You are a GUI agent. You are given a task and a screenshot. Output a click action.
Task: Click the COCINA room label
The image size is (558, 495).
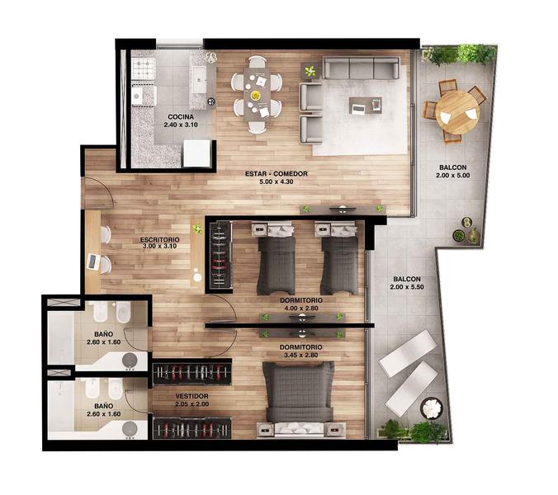181,116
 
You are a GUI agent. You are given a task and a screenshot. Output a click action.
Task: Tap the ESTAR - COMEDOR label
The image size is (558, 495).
277,174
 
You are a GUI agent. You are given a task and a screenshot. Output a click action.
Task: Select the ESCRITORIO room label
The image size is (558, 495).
160,239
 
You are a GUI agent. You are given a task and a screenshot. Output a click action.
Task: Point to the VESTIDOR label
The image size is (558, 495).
192,396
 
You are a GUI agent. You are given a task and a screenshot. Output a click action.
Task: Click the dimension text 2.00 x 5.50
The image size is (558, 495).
407,287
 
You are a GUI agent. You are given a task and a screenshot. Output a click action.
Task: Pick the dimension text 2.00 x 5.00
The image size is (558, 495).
452,175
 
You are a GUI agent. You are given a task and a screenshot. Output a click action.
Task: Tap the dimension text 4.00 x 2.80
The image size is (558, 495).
301,309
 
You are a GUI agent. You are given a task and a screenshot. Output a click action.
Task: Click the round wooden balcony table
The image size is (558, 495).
457,112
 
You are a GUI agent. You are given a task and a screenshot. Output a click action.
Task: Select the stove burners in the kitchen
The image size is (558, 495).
144,68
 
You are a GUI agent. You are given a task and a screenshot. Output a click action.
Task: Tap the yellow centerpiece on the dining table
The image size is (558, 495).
255,95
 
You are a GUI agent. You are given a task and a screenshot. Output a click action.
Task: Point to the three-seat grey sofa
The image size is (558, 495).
361,68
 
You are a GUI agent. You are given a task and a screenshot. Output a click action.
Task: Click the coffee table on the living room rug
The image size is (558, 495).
366,106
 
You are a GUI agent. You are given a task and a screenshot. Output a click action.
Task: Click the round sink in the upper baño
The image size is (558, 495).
130,361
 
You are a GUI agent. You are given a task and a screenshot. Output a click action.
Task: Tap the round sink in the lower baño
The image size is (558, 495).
130,429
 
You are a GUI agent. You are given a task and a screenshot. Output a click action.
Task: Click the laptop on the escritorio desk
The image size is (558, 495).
93,262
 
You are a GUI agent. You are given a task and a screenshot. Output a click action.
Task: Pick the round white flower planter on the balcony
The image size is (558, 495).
432,408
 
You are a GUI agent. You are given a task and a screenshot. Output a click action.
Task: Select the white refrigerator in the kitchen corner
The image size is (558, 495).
196,153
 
